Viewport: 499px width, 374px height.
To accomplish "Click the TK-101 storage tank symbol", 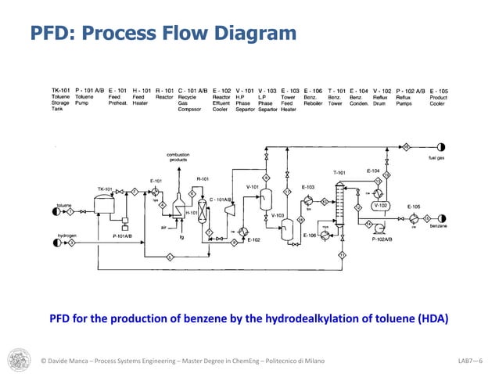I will [x=102, y=202].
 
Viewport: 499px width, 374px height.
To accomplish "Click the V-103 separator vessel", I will [x=288, y=227].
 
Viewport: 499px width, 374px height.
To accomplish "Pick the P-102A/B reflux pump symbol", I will [x=381, y=230].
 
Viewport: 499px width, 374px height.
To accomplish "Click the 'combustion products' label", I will [x=178, y=156].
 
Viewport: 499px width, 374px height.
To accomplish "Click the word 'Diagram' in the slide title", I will [x=254, y=34].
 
